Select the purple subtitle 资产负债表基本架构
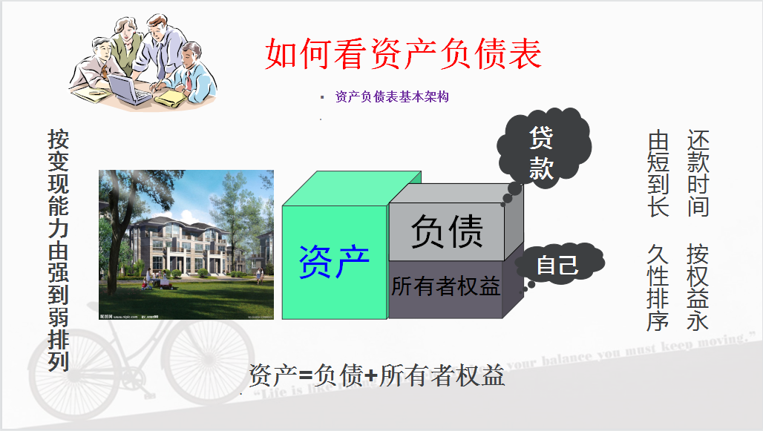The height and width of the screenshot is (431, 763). click(392, 96)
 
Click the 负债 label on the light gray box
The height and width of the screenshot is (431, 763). click(447, 231)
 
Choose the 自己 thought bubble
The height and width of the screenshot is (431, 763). click(557, 265)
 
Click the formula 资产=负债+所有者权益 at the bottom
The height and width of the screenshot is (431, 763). click(376, 375)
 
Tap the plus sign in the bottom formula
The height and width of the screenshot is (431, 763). click(371, 377)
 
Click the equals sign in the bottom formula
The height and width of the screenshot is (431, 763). click(305, 377)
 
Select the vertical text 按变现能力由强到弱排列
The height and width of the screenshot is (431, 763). click(59, 250)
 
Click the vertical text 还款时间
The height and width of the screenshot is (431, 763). click(698, 174)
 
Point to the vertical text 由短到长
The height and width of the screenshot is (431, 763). click(658, 174)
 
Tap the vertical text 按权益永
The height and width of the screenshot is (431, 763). click(698, 286)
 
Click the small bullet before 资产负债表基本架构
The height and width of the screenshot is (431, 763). click(322, 96)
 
